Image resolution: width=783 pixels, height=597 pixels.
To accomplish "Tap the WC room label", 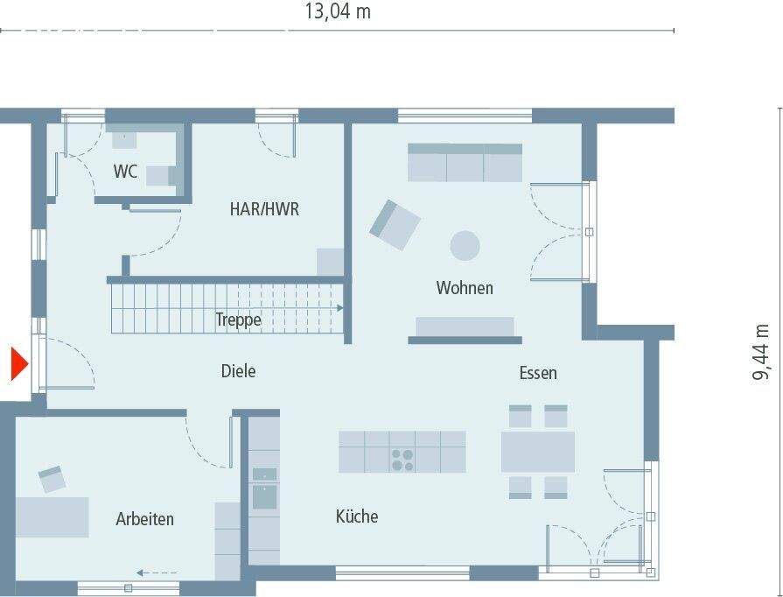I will click(125, 172).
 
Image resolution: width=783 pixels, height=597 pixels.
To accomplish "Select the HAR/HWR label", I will click(264, 209).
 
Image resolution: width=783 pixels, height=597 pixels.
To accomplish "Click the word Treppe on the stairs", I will click(238, 320).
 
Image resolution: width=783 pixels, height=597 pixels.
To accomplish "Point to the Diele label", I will click(238, 371).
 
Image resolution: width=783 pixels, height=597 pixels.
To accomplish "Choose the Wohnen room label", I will click(465, 288).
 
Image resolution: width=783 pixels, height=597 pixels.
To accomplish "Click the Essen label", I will click(538, 373).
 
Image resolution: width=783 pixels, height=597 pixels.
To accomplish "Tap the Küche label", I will click(357, 516).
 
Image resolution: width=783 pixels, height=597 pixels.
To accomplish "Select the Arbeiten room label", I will click(144, 519).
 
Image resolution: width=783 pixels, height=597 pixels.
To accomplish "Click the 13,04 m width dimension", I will click(337, 11).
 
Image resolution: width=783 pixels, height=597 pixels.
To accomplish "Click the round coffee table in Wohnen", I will click(465, 245).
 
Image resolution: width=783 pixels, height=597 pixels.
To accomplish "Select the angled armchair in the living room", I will click(395, 224).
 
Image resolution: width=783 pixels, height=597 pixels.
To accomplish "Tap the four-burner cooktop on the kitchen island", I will click(402, 460).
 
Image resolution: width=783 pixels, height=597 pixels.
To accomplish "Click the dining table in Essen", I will click(537, 452).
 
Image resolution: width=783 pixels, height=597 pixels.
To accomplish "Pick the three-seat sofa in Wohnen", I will click(465, 163).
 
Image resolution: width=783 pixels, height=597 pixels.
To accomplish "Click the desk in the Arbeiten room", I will click(52, 516).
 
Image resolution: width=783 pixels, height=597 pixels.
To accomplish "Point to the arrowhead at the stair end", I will click(339, 308).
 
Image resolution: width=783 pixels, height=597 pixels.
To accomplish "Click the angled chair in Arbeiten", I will click(52, 479).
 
